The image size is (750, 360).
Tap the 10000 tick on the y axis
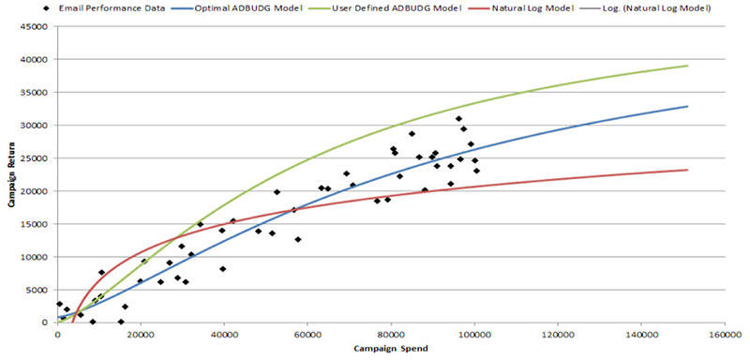tap(37, 257)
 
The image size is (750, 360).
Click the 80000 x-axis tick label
tap(390, 334)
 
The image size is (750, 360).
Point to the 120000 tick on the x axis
tap(557, 334)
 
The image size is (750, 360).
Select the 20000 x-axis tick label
tap(141, 334)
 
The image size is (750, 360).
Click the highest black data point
tap(458, 119)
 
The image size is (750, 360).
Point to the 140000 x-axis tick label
tap(640, 334)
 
